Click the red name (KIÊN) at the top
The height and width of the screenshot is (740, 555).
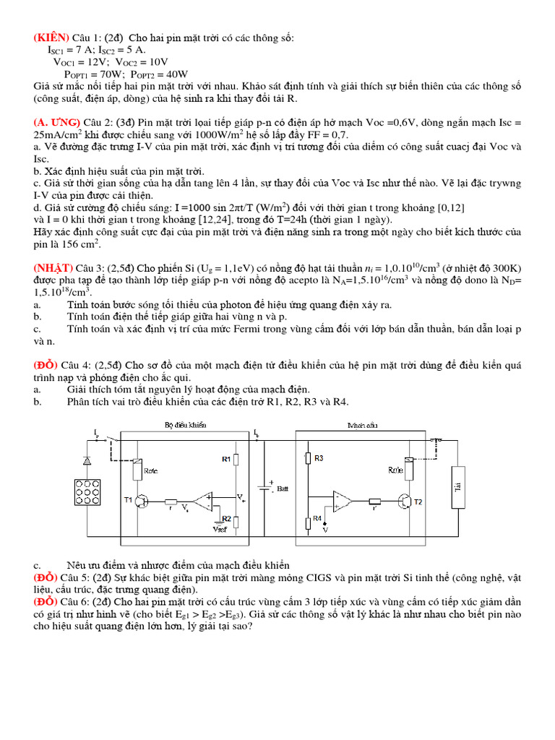click(x=51, y=38)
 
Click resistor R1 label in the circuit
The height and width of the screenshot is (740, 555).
click(x=225, y=459)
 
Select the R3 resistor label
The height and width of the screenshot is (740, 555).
click(x=319, y=459)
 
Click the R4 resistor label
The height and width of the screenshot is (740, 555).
click(x=319, y=519)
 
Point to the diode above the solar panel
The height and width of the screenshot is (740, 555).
click(x=87, y=460)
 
